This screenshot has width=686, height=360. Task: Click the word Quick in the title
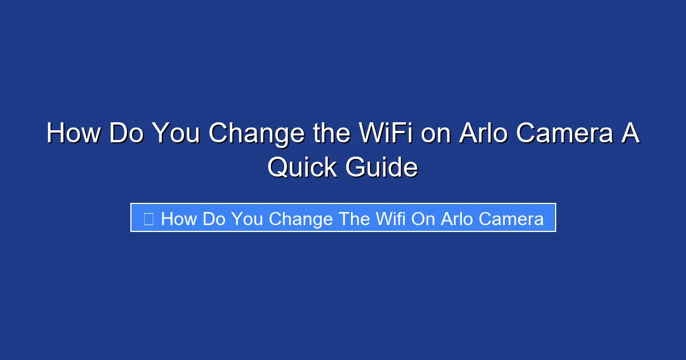(x=302, y=167)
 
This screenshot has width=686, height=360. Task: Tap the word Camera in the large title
(x=566, y=133)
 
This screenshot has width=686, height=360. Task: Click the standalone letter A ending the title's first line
(x=631, y=133)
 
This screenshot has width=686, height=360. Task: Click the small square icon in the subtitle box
(x=148, y=219)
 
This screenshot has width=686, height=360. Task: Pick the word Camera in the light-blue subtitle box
(x=511, y=219)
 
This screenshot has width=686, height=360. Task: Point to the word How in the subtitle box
(x=179, y=219)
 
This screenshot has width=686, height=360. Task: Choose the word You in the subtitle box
(x=247, y=219)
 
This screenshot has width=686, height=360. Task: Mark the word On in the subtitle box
(x=422, y=219)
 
